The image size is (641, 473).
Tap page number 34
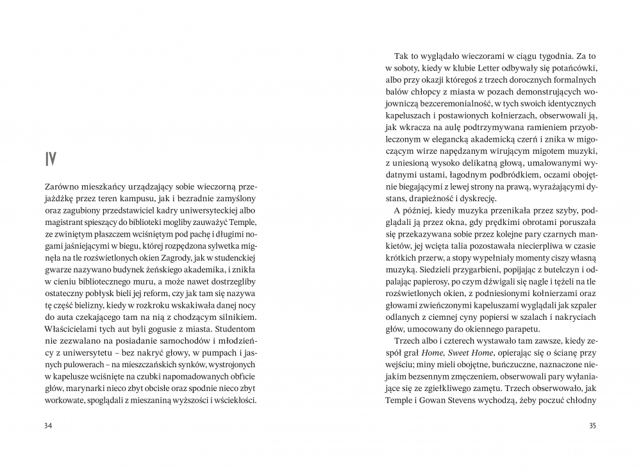click(x=47, y=426)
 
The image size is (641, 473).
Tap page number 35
click(x=593, y=426)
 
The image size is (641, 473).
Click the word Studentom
click(x=238, y=333)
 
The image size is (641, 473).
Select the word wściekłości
click(x=235, y=401)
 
